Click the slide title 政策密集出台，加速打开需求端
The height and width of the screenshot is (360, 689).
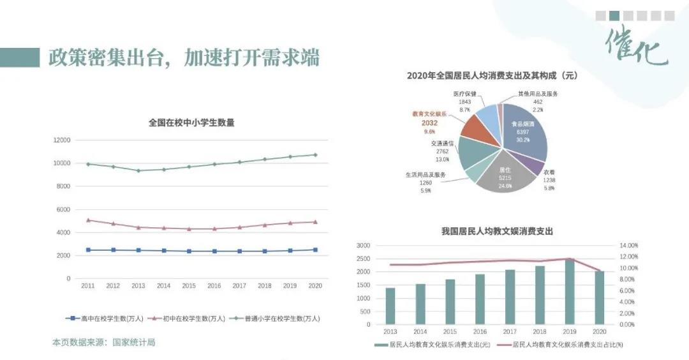[x=184, y=57]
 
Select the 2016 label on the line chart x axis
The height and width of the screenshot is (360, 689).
[x=214, y=286]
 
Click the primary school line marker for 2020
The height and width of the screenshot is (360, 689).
[x=315, y=154]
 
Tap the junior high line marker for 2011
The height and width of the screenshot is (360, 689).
[x=88, y=220]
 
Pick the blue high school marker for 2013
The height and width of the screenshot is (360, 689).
[x=138, y=250]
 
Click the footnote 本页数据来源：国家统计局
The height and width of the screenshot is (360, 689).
[x=103, y=343]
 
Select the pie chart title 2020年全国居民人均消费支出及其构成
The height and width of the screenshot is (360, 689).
[x=492, y=75]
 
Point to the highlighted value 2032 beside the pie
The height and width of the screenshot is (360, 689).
[x=429, y=123]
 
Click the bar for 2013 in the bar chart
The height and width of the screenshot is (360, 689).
[x=390, y=306]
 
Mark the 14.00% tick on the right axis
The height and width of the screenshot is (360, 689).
[x=628, y=245]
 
